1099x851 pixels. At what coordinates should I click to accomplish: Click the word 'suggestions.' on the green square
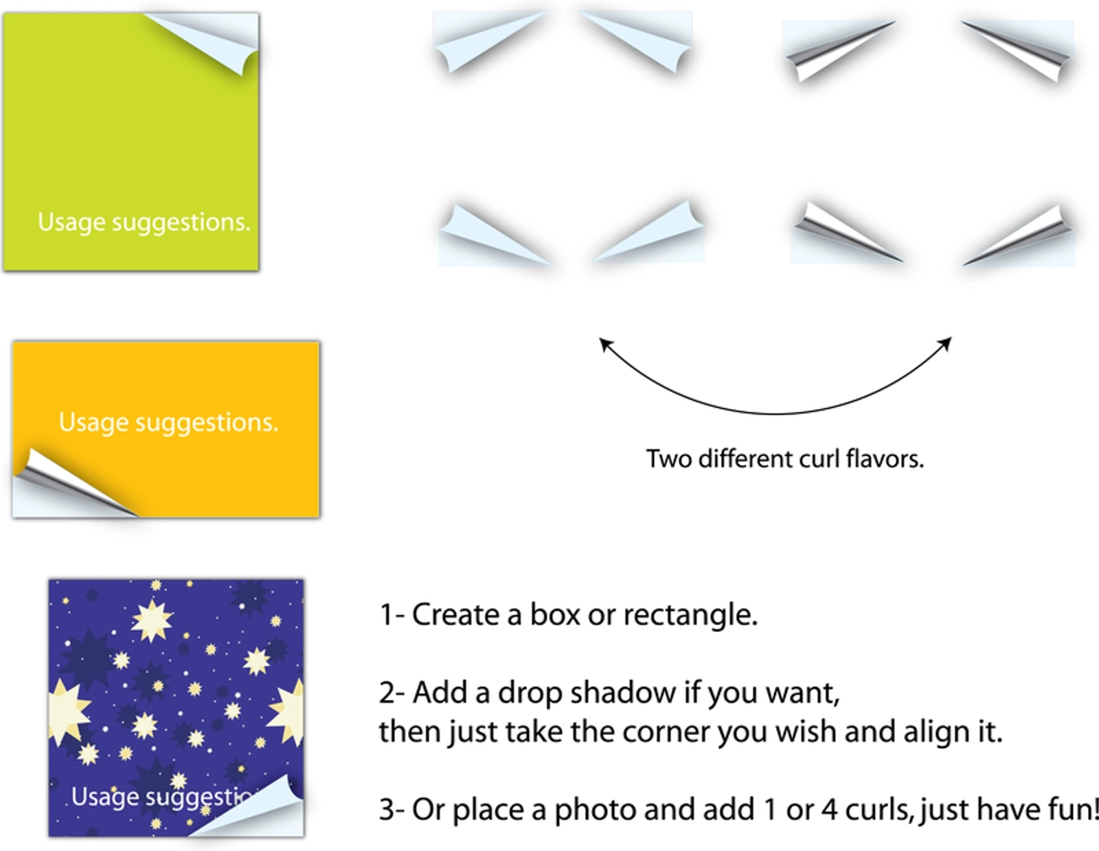pos(181,222)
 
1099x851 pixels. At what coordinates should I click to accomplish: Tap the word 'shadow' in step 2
pos(623,692)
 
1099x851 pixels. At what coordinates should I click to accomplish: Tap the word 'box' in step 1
pos(554,615)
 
